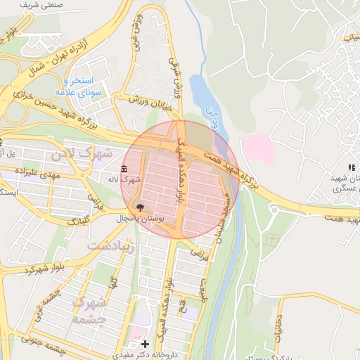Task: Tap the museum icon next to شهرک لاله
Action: [x=124, y=169]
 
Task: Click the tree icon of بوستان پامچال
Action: [x=139, y=207]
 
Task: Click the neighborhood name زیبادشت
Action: [x=110, y=246]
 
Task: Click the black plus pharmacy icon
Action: [x=145, y=344]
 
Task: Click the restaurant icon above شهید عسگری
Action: [x=350, y=167]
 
